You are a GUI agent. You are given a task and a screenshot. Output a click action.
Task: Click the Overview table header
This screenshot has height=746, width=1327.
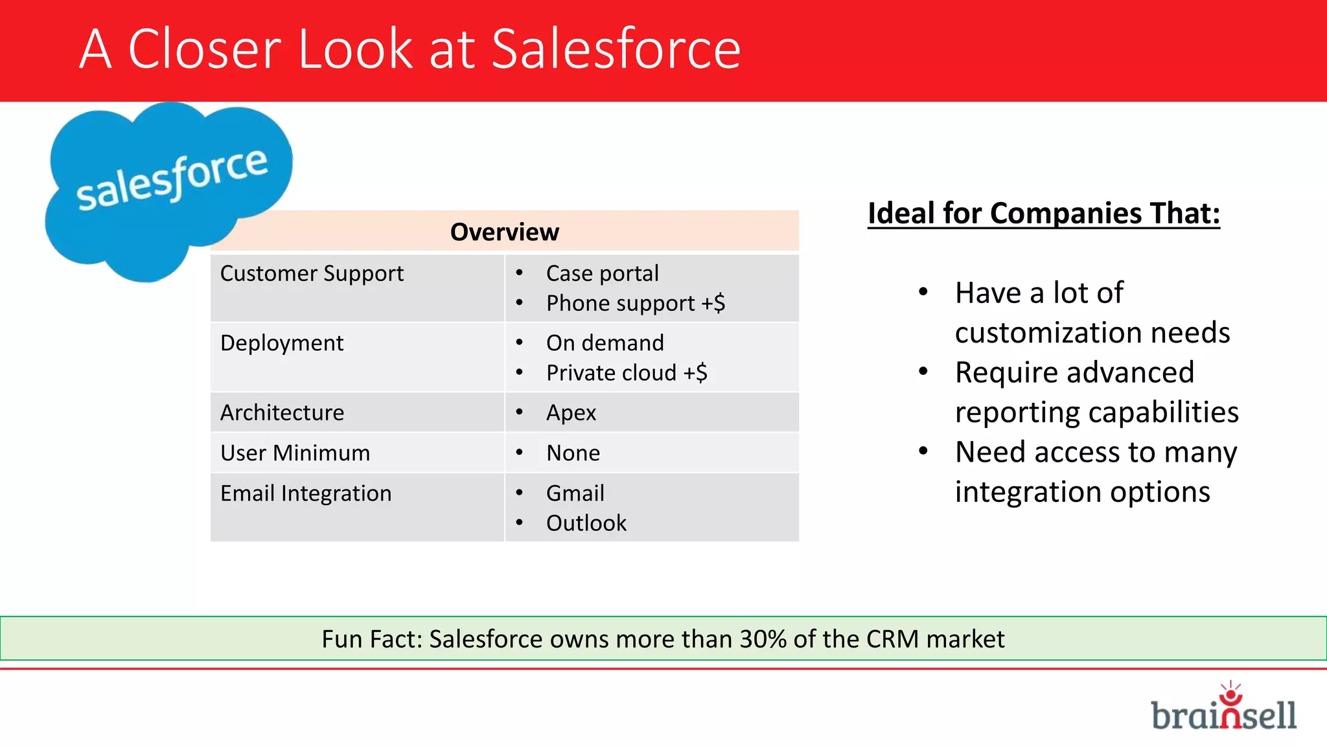click(x=504, y=232)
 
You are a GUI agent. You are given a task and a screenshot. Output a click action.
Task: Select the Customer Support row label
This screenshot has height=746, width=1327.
click(x=312, y=273)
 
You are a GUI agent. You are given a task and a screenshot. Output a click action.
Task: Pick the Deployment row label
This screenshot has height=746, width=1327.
click(x=282, y=343)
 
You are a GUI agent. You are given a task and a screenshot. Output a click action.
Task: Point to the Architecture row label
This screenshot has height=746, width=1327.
click(x=282, y=413)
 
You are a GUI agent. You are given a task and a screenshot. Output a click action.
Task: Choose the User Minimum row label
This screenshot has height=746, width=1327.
click(x=295, y=453)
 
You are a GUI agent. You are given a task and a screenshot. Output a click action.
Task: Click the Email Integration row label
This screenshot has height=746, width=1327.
click(x=306, y=493)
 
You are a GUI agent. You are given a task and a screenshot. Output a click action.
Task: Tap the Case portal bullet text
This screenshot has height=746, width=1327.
click(x=602, y=273)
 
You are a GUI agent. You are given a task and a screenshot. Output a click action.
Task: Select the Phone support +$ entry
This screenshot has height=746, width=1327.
click(x=635, y=303)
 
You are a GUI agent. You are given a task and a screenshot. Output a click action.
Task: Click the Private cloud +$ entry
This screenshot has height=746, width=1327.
click(x=626, y=373)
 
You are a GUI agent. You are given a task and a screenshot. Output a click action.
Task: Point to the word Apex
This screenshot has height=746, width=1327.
click(x=571, y=413)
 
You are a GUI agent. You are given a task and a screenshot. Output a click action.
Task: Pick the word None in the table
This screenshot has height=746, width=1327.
click(x=573, y=453)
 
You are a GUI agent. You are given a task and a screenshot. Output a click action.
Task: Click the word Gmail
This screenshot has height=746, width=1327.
click(x=575, y=493)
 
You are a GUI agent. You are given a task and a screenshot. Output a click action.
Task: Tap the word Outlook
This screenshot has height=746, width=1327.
click(x=586, y=523)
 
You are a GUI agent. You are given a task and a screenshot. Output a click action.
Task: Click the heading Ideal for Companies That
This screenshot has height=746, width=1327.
click(x=1043, y=214)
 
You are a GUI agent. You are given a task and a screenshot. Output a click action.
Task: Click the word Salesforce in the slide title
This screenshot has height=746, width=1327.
click(x=616, y=49)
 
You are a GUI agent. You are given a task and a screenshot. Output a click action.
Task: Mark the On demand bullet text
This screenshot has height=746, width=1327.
click(x=605, y=343)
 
